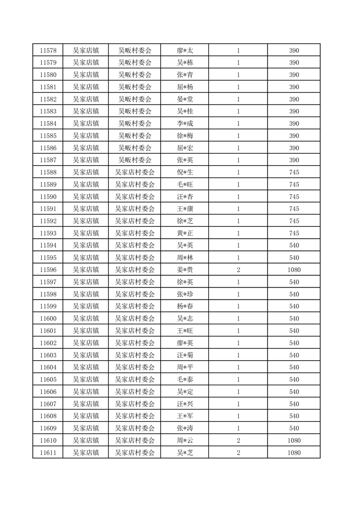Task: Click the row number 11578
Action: tap(48, 50)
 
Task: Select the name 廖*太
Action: tap(185, 50)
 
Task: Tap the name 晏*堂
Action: tap(185, 99)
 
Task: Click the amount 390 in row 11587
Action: tap(294, 160)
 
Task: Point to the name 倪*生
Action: tap(185, 172)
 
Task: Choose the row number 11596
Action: tap(48, 270)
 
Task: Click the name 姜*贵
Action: tap(185, 270)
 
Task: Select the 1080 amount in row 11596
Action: tap(294, 270)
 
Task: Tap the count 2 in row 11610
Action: tap(238, 440)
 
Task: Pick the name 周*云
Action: tap(185, 440)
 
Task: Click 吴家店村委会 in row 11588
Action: tap(134, 172)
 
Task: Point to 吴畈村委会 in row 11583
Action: tap(134, 112)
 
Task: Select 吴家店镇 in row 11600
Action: tap(86, 318)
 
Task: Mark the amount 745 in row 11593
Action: tap(294, 233)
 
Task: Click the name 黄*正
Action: tap(185, 233)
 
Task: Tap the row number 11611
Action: tap(48, 453)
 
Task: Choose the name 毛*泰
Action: tap(185, 380)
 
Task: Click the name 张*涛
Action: tap(185, 428)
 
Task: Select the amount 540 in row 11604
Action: tap(294, 367)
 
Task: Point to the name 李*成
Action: tap(185, 123)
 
